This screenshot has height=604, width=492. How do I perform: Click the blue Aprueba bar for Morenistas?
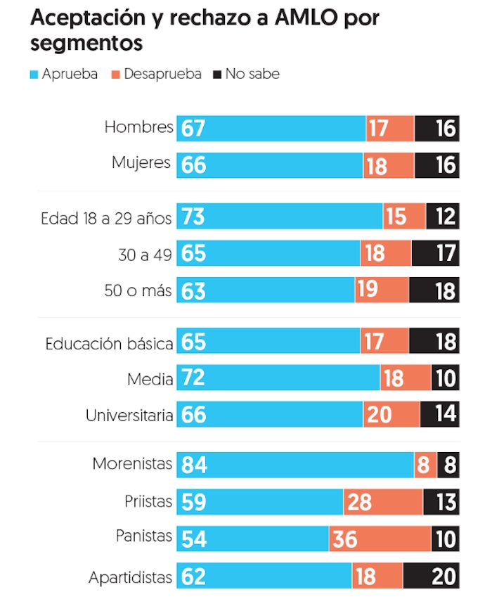click(x=295, y=465)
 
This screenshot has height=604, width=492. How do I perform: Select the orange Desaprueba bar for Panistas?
click(x=380, y=539)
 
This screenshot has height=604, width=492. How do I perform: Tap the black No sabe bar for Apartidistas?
click(x=431, y=577)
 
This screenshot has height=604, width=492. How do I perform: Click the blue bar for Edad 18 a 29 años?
click(x=280, y=217)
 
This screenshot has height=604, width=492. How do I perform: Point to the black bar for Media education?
click(x=445, y=378)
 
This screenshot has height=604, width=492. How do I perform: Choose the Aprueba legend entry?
click(x=65, y=74)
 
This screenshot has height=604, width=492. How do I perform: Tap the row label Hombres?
click(x=138, y=127)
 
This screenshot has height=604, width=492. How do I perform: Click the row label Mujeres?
click(x=141, y=163)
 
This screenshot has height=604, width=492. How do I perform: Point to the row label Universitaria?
click(x=129, y=415)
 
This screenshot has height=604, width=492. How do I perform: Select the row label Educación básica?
click(x=109, y=344)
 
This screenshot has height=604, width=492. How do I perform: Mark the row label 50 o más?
click(x=138, y=290)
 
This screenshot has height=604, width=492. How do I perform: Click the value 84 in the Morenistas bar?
click(x=193, y=465)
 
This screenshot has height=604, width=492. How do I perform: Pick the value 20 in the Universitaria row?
click(x=379, y=415)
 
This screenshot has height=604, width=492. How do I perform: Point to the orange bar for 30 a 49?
click(x=386, y=253)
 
